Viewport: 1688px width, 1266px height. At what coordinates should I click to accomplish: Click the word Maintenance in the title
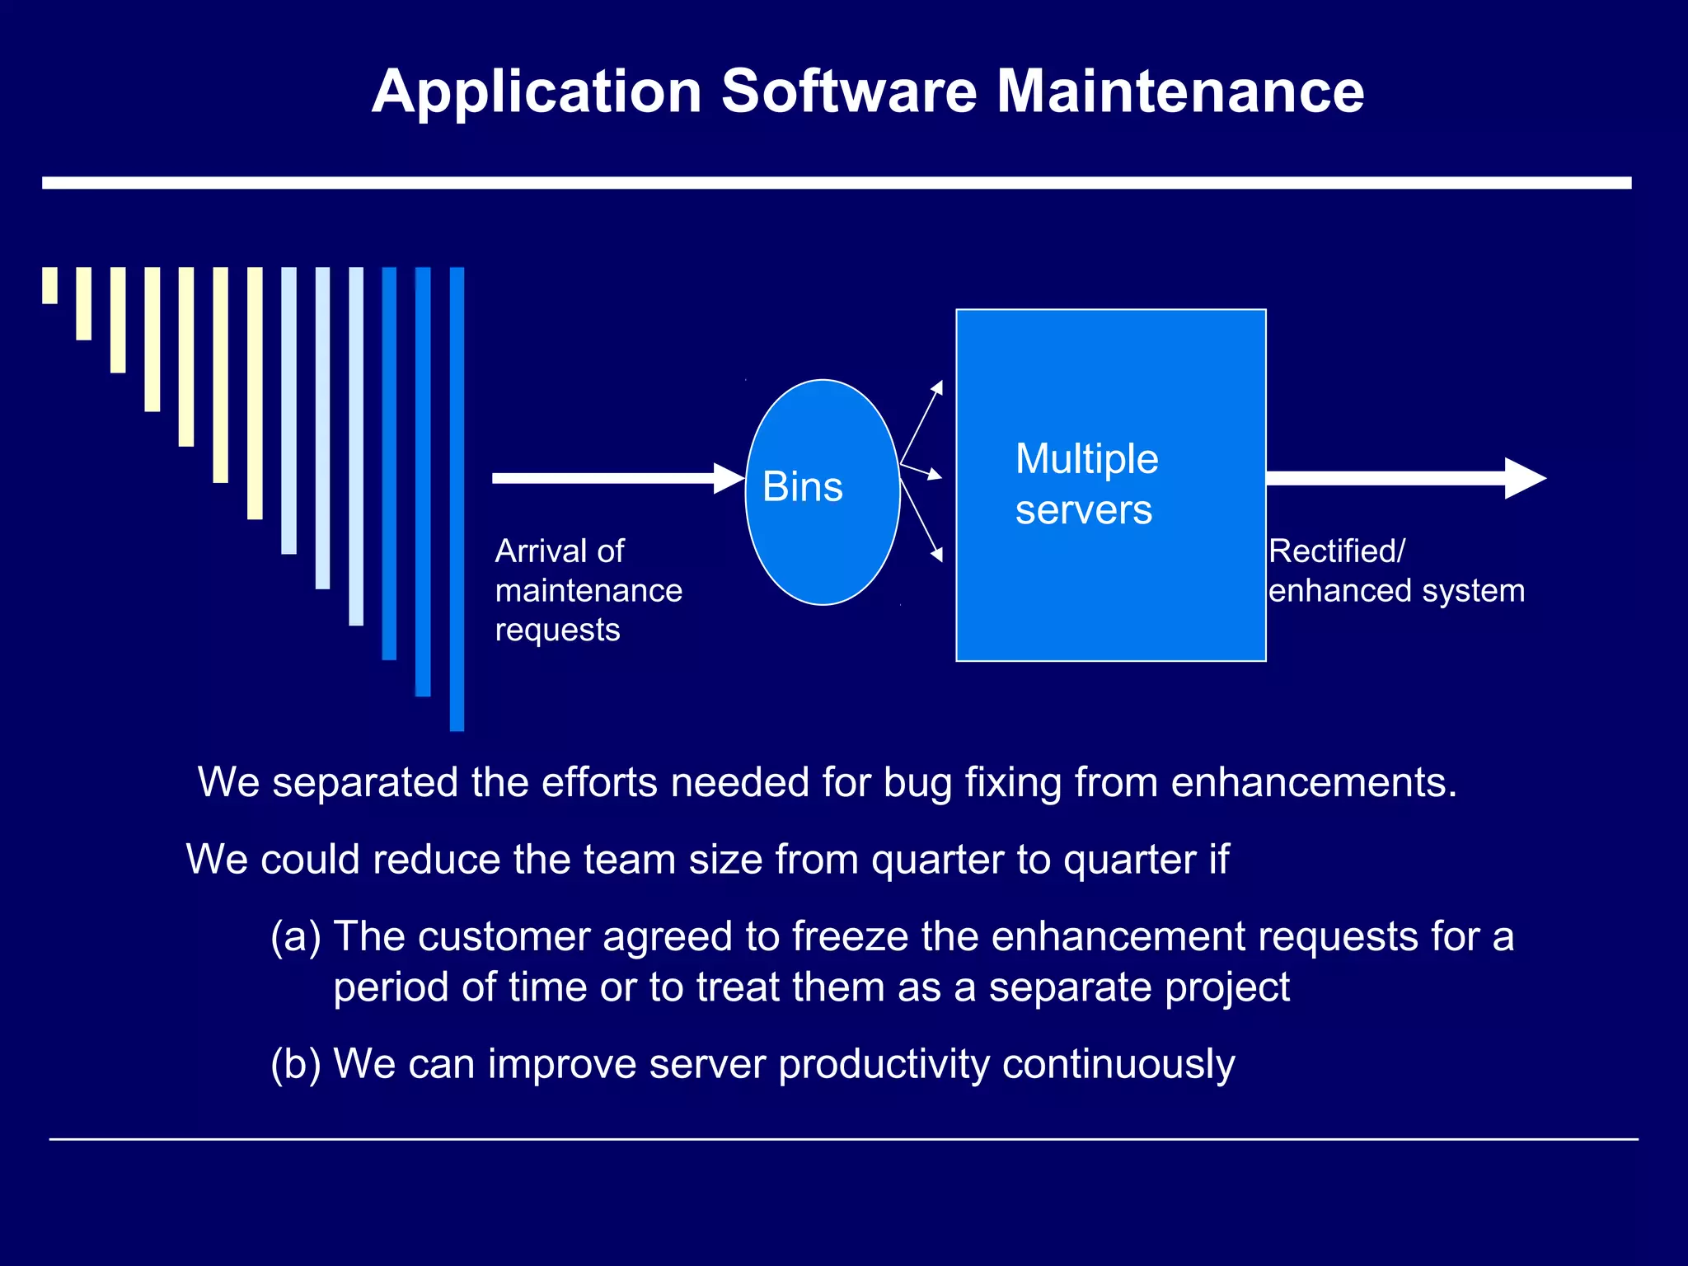[1180, 91]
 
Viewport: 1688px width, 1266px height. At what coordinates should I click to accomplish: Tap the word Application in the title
[537, 92]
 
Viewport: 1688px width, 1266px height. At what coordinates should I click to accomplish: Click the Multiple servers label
[1086, 484]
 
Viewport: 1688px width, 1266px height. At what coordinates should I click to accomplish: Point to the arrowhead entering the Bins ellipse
[730, 478]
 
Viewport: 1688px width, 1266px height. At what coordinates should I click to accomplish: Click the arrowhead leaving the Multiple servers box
[1525, 478]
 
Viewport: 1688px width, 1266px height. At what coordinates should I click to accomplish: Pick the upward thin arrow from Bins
[923, 420]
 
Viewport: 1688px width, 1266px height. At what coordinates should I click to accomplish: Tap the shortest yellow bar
[50, 285]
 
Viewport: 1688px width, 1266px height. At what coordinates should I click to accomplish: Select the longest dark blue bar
[457, 499]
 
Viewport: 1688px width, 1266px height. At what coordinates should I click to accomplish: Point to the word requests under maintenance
[557, 631]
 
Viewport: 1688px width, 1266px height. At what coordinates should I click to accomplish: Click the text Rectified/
[1336, 551]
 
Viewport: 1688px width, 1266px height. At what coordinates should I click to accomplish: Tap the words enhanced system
[1396, 591]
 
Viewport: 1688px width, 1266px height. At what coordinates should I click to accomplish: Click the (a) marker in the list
[295, 936]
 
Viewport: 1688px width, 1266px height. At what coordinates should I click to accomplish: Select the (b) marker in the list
[295, 1063]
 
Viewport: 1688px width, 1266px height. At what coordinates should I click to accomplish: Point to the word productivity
[884, 1063]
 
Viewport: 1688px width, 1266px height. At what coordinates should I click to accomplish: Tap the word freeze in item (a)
[850, 936]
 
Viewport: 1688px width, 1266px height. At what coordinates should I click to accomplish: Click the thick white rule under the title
[837, 183]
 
